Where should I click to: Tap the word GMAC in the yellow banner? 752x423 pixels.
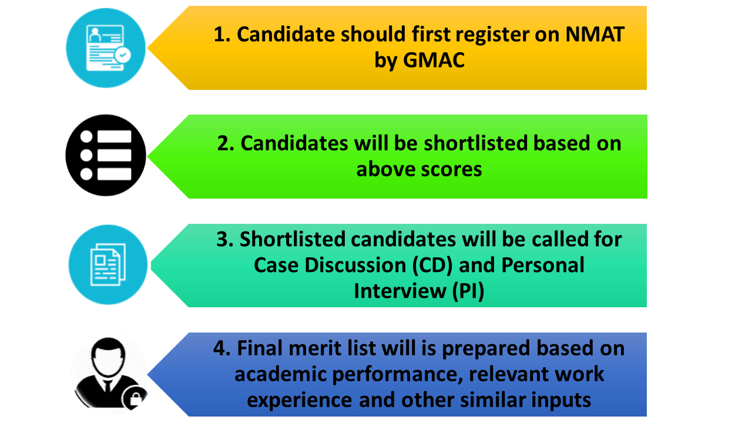(x=435, y=60)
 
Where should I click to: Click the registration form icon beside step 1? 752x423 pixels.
(x=106, y=48)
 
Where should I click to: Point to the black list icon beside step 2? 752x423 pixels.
(x=106, y=156)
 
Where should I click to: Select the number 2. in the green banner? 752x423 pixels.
(x=226, y=143)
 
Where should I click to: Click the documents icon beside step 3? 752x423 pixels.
(x=107, y=264)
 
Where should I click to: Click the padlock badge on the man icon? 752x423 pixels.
(x=135, y=400)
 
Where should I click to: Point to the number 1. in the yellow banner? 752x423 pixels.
(x=221, y=35)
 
